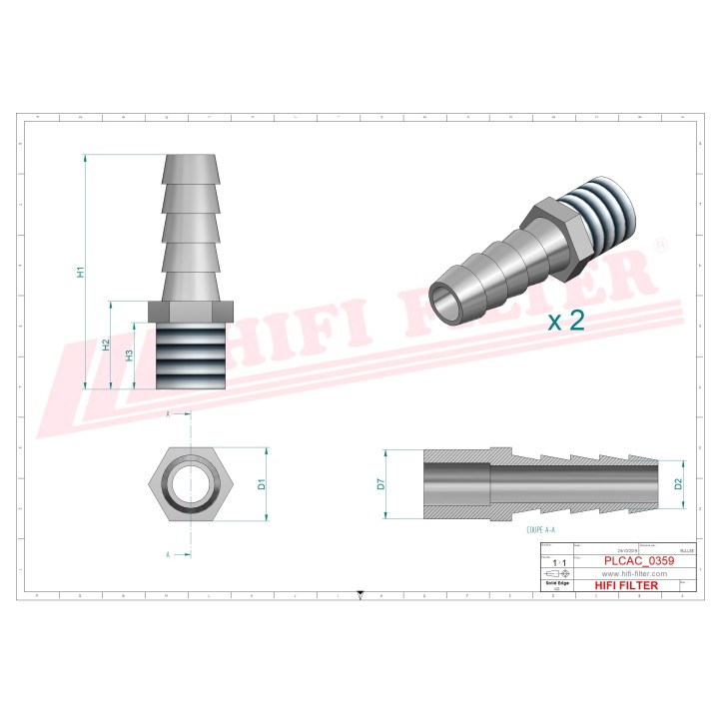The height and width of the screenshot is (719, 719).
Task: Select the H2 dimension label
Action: pos(107,345)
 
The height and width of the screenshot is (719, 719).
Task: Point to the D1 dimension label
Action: pos(262,484)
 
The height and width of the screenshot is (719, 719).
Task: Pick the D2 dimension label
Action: pos(678,484)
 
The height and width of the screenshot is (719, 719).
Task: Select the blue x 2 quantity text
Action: pos(565,321)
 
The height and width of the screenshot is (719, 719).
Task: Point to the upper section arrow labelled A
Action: pos(169,412)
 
